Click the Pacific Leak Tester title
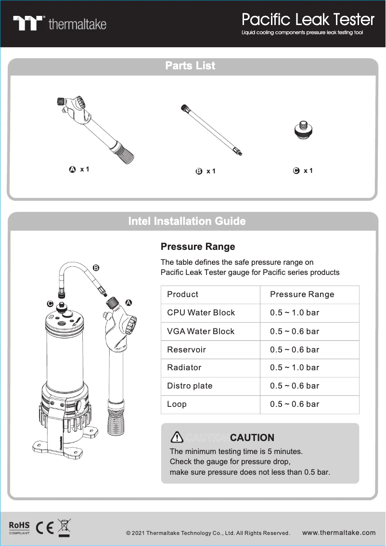[x=308, y=20]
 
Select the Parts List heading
[x=190, y=66]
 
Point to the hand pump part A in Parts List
[x=94, y=127]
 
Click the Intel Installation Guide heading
[x=187, y=221]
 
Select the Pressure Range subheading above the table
[x=198, y=247]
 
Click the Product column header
[x=182, y=294]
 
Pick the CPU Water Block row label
[x=201, y=313]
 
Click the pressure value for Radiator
[x=295, y=368]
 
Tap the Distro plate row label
[x=190, y=386]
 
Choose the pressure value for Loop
[x=295, y=404]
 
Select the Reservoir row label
[x=186, y=350]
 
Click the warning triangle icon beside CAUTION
[x=177, y=437]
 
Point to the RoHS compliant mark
[x=19, y=527]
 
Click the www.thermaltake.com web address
[x=339, y=533]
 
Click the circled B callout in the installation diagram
[x=96, y=268]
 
